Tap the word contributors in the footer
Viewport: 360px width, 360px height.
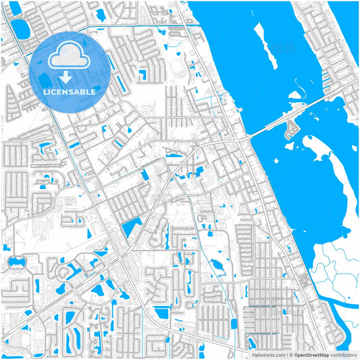(x=343, y=354)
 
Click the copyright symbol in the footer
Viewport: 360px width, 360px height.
(x=290, y=354)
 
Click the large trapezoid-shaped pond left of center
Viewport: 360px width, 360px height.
(x=131, y=228)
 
